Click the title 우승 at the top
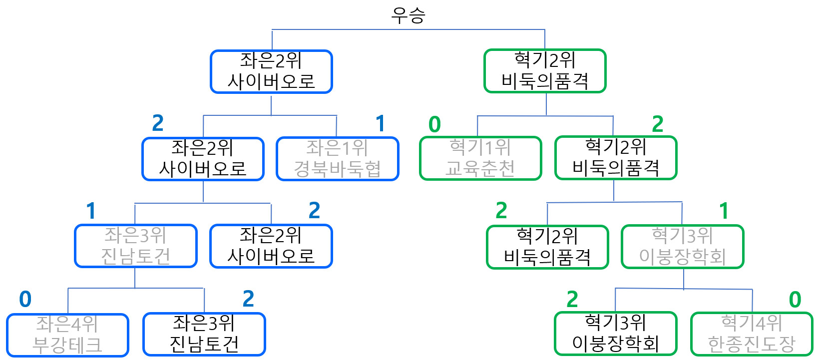click(408, 15)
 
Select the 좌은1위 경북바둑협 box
click(337, 159)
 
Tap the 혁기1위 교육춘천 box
click(480, 158)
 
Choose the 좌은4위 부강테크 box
click(67, 335)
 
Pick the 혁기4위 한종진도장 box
click(752, 334)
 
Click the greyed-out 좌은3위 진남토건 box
click(135, 246)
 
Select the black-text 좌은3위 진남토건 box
click(204, 334)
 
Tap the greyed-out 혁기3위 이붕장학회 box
click(682, 247)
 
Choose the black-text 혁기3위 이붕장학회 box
click(615, 334)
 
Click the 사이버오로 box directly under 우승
click(271, 71)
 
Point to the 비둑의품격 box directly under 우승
click(545, 71)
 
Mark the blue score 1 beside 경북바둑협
click(381, 123)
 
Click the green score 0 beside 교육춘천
click(434, 124)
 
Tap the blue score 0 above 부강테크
click(25, 300)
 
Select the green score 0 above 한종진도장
click(795, 300)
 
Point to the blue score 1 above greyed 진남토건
click(91, 211)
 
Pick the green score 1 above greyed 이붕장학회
click(724, 211)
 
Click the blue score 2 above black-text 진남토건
click(248, 299)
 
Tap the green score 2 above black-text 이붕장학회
click(572, 300)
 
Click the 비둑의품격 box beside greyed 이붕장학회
click(547, 247)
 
